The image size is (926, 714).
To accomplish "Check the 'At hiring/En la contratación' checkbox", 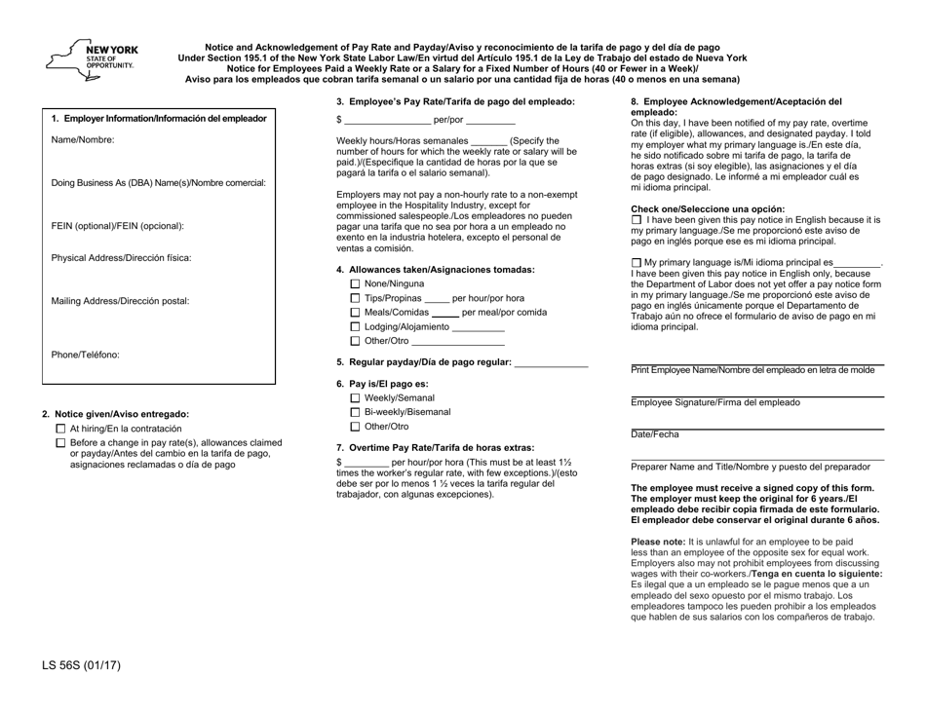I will click(x=60, y=429).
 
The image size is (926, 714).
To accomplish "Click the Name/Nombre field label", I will click(x=83, y=140).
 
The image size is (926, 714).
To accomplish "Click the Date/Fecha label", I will click(x=653, y=433).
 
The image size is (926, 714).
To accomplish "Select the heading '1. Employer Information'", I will click(x=158, y=119).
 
